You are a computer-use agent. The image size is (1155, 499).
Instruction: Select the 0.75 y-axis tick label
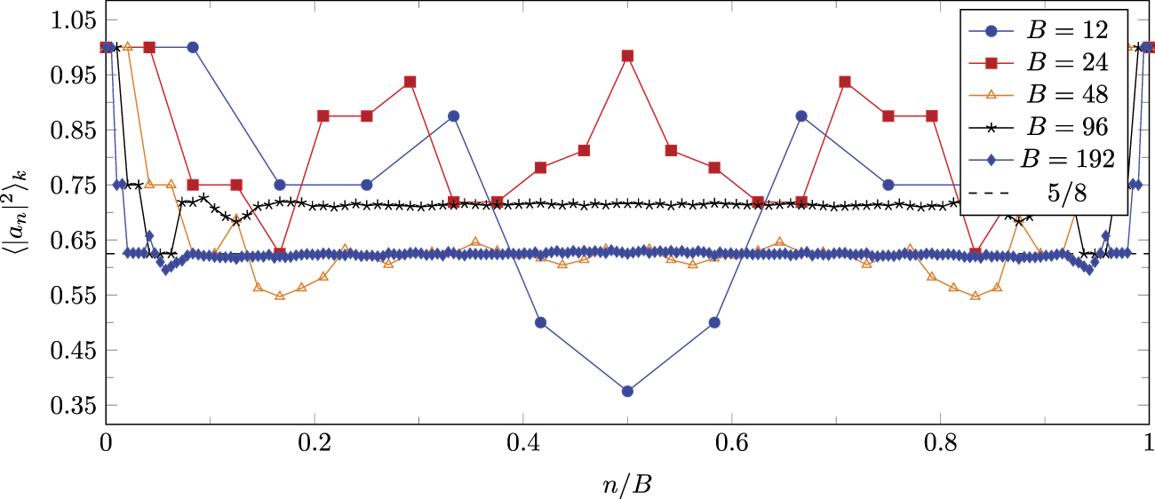[72, 186]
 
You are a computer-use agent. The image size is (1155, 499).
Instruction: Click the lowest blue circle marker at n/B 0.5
[627, 392]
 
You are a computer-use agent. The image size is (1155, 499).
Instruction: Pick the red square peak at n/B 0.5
[627, 56]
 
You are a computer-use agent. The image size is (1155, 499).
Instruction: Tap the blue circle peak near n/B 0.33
[453, 116]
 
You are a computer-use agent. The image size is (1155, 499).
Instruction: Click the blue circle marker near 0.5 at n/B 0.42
[540, 322]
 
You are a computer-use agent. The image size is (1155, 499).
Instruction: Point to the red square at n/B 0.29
[410, 82]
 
